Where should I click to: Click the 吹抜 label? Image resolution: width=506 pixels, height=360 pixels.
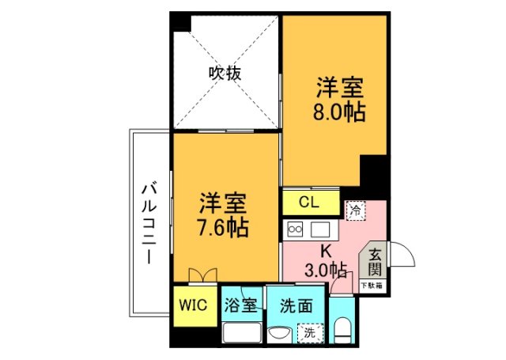[225, 74]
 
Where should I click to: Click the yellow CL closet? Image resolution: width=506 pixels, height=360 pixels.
[308, 202]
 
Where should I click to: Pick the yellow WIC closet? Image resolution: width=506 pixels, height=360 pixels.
[192, 305]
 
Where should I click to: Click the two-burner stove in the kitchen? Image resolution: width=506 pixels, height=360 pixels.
[295, 229]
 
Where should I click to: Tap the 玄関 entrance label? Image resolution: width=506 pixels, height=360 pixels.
[375, 263]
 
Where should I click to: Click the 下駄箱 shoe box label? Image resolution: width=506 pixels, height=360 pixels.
[372, 285]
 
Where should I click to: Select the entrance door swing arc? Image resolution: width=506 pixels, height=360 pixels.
[402, 255]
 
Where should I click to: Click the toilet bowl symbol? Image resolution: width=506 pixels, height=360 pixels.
[342, 329]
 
